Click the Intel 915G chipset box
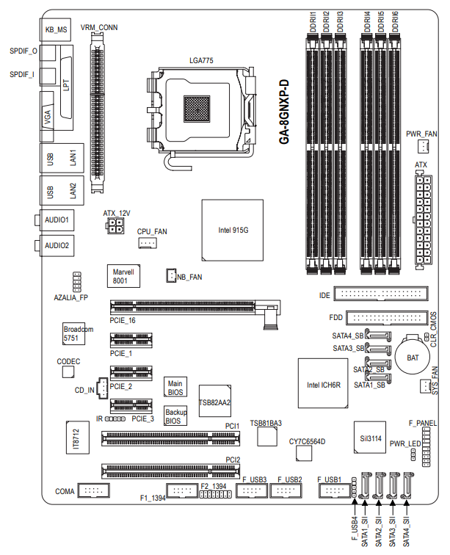[232, 230]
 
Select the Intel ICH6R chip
[323, 383]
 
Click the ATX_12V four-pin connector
[115, 225]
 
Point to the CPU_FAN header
[148, 243]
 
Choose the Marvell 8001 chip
[123, 276]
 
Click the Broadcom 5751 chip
[74, 333]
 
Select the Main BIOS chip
[175, 387]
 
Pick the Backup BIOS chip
[175, 416]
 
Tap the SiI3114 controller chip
[370, 437]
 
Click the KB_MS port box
[56, 29]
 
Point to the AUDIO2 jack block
[57, 246]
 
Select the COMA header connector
[93, 490]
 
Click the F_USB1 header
[334, 490]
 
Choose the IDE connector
[381, 294]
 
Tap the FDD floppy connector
[387, 317]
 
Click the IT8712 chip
[78, 438]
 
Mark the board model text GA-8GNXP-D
[284, 112]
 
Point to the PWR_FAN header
[423, 146]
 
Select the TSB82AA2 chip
[215, 401]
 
